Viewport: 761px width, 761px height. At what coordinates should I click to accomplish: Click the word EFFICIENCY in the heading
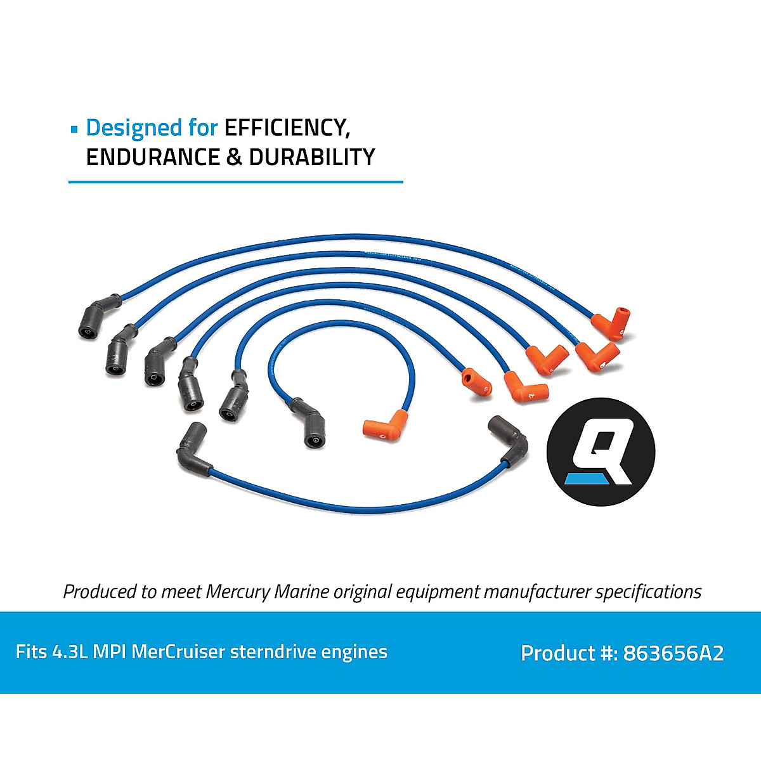287,127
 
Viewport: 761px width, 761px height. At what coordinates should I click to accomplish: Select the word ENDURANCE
152,157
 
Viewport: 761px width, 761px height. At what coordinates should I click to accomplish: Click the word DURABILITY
311,157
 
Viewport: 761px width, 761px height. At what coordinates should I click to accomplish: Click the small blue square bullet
74,129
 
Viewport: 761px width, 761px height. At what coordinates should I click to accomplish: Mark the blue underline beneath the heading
235,182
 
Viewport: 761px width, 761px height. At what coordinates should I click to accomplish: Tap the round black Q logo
601,452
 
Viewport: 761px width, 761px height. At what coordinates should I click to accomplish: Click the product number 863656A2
673,653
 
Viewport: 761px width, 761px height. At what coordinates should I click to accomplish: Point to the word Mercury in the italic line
238,592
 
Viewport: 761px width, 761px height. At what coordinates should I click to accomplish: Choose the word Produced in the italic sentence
100,592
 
